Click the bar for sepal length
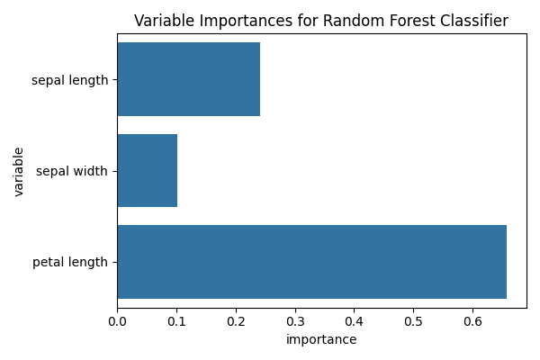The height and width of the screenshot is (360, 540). pos(188,79)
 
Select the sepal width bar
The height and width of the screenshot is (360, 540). pos(147,171)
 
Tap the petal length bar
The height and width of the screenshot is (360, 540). pos(311,262)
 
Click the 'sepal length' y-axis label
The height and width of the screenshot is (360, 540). pos(69,80)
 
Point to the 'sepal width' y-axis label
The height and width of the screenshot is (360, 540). pos(72,171)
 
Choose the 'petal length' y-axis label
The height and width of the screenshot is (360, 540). pos(70,262)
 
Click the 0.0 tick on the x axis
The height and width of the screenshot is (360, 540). pos(117,320)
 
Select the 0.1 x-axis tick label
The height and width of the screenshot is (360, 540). pos(176,320)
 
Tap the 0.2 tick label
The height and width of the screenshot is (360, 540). pos(236,320)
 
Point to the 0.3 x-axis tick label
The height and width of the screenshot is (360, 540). pos(294,320)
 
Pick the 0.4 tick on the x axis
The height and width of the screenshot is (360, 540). pos(354,320)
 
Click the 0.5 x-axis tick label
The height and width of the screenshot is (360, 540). pos(413,320)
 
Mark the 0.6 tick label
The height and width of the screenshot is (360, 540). pos(472,320)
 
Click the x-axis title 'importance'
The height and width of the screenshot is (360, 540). pos(321,339)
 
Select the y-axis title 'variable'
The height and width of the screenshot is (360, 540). pos(19,171)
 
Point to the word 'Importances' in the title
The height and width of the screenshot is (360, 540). pos(238,22)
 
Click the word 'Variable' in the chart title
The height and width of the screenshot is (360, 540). pos(163,22)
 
